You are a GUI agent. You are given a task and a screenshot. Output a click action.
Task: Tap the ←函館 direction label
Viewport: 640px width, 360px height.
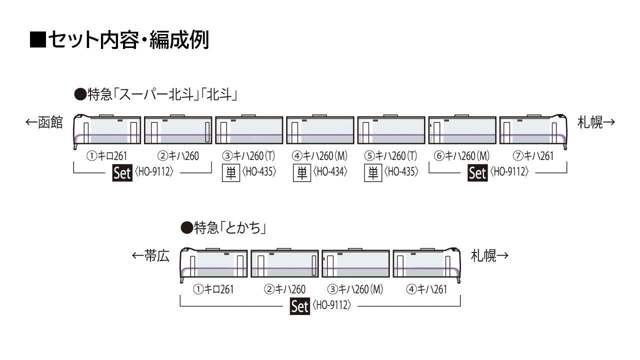coord(44,122)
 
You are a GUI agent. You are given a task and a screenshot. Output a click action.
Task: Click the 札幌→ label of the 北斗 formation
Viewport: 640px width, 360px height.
coord(596,122)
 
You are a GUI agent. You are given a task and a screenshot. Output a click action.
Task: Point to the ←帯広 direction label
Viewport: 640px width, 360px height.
coord(150,255)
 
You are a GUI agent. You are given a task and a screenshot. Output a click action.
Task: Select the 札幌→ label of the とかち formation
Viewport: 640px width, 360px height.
coord(489,255)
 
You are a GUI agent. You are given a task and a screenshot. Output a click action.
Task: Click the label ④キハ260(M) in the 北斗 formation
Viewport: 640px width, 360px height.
coord(319,156)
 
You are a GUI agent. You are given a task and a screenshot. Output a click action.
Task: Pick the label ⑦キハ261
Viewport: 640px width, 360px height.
coord(533,156)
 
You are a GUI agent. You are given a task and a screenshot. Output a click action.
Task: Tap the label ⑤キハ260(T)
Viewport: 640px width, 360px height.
coord(390,156)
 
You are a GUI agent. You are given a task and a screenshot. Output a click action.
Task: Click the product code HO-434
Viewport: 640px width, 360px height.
coord(330,171)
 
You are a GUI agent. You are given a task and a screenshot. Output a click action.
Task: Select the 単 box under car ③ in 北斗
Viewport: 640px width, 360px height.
coord(231,173)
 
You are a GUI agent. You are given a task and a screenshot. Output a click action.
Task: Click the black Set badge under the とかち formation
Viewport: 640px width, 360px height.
coord(299,306)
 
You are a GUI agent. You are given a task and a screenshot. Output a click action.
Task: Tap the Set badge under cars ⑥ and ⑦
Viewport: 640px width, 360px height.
coord(477,173)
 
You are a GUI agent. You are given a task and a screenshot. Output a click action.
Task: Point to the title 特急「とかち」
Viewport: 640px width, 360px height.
coord(223,228)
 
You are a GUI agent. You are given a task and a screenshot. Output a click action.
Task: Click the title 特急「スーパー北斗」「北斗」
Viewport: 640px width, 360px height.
coord(155,94)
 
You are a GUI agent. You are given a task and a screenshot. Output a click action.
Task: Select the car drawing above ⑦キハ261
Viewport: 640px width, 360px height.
coord(533,131)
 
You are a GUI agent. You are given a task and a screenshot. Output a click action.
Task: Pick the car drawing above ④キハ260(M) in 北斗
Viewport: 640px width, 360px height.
coord(320,129)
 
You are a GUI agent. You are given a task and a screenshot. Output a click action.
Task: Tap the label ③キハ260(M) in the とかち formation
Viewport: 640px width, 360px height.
coord(355,289)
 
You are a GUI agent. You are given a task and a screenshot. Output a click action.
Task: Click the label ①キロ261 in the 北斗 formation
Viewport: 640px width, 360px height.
coord(107,156)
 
